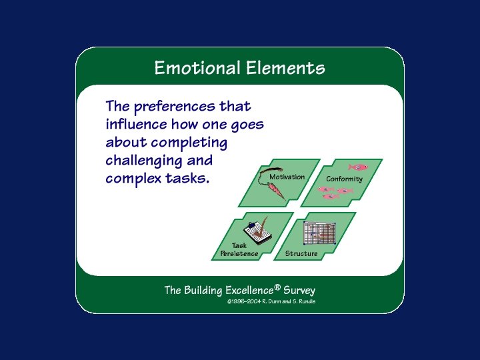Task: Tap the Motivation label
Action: [x=287, y=177]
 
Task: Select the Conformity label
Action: [x=344, y=179]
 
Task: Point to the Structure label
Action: [x=301, y=254]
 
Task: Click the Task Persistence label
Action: [x=239, y=250]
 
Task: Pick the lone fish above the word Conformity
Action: [x=358, y=167]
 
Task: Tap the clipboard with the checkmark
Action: [x=259, y=229]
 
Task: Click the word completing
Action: [x=189, y=143]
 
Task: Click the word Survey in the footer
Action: [x=299, y=291]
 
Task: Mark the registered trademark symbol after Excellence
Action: [x=277, y=287]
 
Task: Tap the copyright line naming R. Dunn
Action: [x=271, y=302]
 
